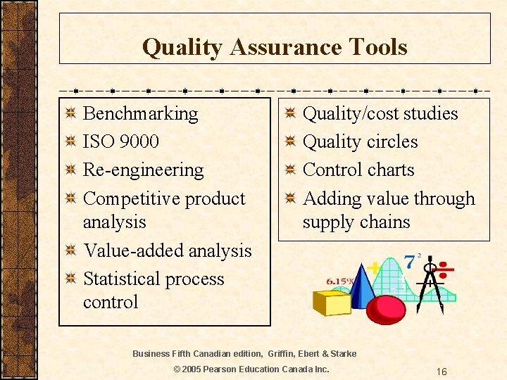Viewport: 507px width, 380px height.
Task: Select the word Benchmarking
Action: click(x=140, y=114)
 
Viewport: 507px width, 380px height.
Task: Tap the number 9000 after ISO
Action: click(x=139, y=141)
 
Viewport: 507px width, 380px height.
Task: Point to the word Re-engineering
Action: click(x=143, y=170)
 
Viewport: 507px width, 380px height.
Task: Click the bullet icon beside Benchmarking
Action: click(x=70, y=114)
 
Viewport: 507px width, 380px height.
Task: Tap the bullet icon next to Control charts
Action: click(x=289, y=170)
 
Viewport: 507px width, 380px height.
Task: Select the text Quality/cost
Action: click(x=350, y=114)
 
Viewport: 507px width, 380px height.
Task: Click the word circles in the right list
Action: click(x=392, y=141)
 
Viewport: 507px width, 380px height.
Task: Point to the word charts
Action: click(x=388, y=170)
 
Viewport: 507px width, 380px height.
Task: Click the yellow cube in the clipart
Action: click(x=332, y=303)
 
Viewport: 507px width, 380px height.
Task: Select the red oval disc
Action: click(x=386, y=308)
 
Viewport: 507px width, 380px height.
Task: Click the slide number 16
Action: click(x=441, y=371)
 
